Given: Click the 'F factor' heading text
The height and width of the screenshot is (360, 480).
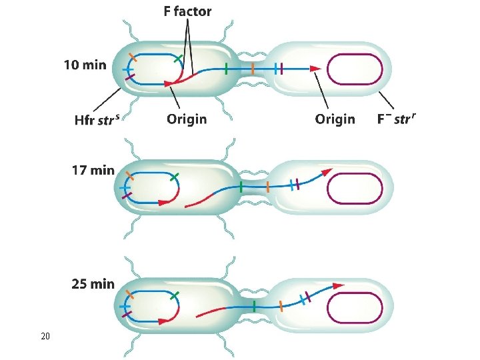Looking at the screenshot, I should click(x=187, y=11).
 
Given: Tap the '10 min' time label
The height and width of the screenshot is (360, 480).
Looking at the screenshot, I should click(x=85, y=65).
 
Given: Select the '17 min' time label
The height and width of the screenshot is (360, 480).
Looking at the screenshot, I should click(x=93, y=169).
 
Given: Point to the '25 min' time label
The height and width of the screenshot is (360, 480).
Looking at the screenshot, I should click(x=93, y=284).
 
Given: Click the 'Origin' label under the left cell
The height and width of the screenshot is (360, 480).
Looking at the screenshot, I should click(x=187, y=119).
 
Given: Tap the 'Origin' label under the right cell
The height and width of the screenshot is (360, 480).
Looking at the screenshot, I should click(x=335, y=119).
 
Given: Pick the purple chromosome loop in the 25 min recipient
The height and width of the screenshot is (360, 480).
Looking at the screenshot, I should click(x=355, y=309).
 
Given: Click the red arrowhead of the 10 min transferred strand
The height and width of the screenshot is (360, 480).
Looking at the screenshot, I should click(x=315, y=68).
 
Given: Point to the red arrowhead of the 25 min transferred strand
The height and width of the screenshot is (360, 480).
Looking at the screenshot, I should click(x=338, y=285).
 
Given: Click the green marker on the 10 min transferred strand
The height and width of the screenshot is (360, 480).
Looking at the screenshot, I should click(x=227, y=68).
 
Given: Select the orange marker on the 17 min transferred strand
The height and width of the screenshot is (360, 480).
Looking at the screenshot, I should click(x=267, y=187).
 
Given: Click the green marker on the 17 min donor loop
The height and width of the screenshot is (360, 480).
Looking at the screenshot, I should click(x=174, y=177).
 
